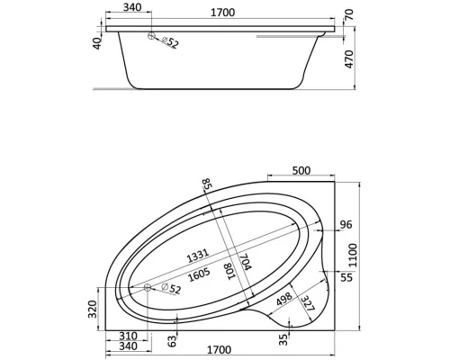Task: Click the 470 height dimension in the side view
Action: coord(349,58)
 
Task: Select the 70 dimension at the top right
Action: coord(349,15)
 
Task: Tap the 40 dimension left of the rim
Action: coord(97,43)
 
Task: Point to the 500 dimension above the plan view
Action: coord(301,170)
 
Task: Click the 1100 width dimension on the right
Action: coord(353,256)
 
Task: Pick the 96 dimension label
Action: coord(346,224)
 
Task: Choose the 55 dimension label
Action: coord(346,277)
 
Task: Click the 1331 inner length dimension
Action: coord(197,256)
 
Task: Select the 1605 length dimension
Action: coord(199,275)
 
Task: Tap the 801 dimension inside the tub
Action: coord(231,271)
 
